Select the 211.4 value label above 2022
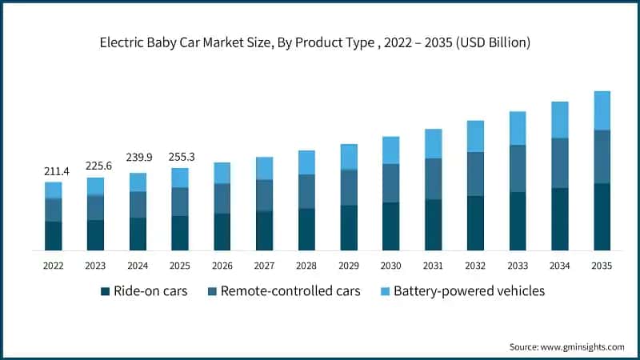tap(53, 170)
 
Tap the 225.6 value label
tap(95, 166)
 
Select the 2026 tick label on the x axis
tap(222, 265)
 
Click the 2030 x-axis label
tap(390, 265)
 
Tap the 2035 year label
tap(602, 265)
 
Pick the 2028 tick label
tap(306, 265)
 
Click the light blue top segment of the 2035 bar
tap(602, 110)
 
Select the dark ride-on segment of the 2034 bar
tap(559, 219)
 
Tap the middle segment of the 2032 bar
tap(475, 174)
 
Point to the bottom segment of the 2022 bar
tap(53, 236)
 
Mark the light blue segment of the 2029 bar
tap(349, 157)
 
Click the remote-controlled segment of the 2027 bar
tap(264, 195)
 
